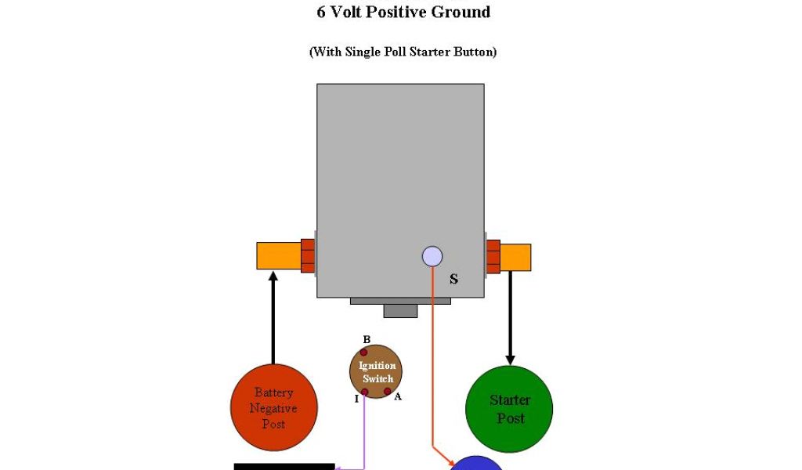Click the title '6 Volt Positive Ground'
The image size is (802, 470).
tap(403, 13)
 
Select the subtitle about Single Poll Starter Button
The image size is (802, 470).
tap(403, 52)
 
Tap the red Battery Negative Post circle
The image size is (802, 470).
tap(273, 407)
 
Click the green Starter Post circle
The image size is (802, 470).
tap(509, 408)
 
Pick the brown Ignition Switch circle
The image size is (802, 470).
tap(377, 371)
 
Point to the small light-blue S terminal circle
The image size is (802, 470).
tap(432, 256)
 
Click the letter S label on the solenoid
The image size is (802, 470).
tap(453, 280)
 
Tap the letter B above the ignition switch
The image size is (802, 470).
tap(366, 339)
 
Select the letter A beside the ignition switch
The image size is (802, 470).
tap(398, 396)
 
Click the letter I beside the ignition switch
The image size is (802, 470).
tap(356, 399)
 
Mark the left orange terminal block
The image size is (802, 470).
tap(278, 255)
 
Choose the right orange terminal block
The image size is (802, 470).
tap(515, 256)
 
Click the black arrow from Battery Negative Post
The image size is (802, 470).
tap(273, 317)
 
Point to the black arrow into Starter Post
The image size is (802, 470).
tap(510, 317)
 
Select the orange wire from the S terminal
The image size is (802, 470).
tap(432, 360)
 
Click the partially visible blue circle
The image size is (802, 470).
tap(477, 464)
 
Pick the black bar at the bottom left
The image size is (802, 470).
tap(284, 466)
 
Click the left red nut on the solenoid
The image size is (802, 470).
tap(308, 255)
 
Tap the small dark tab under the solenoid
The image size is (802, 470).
tap(400, 310)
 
